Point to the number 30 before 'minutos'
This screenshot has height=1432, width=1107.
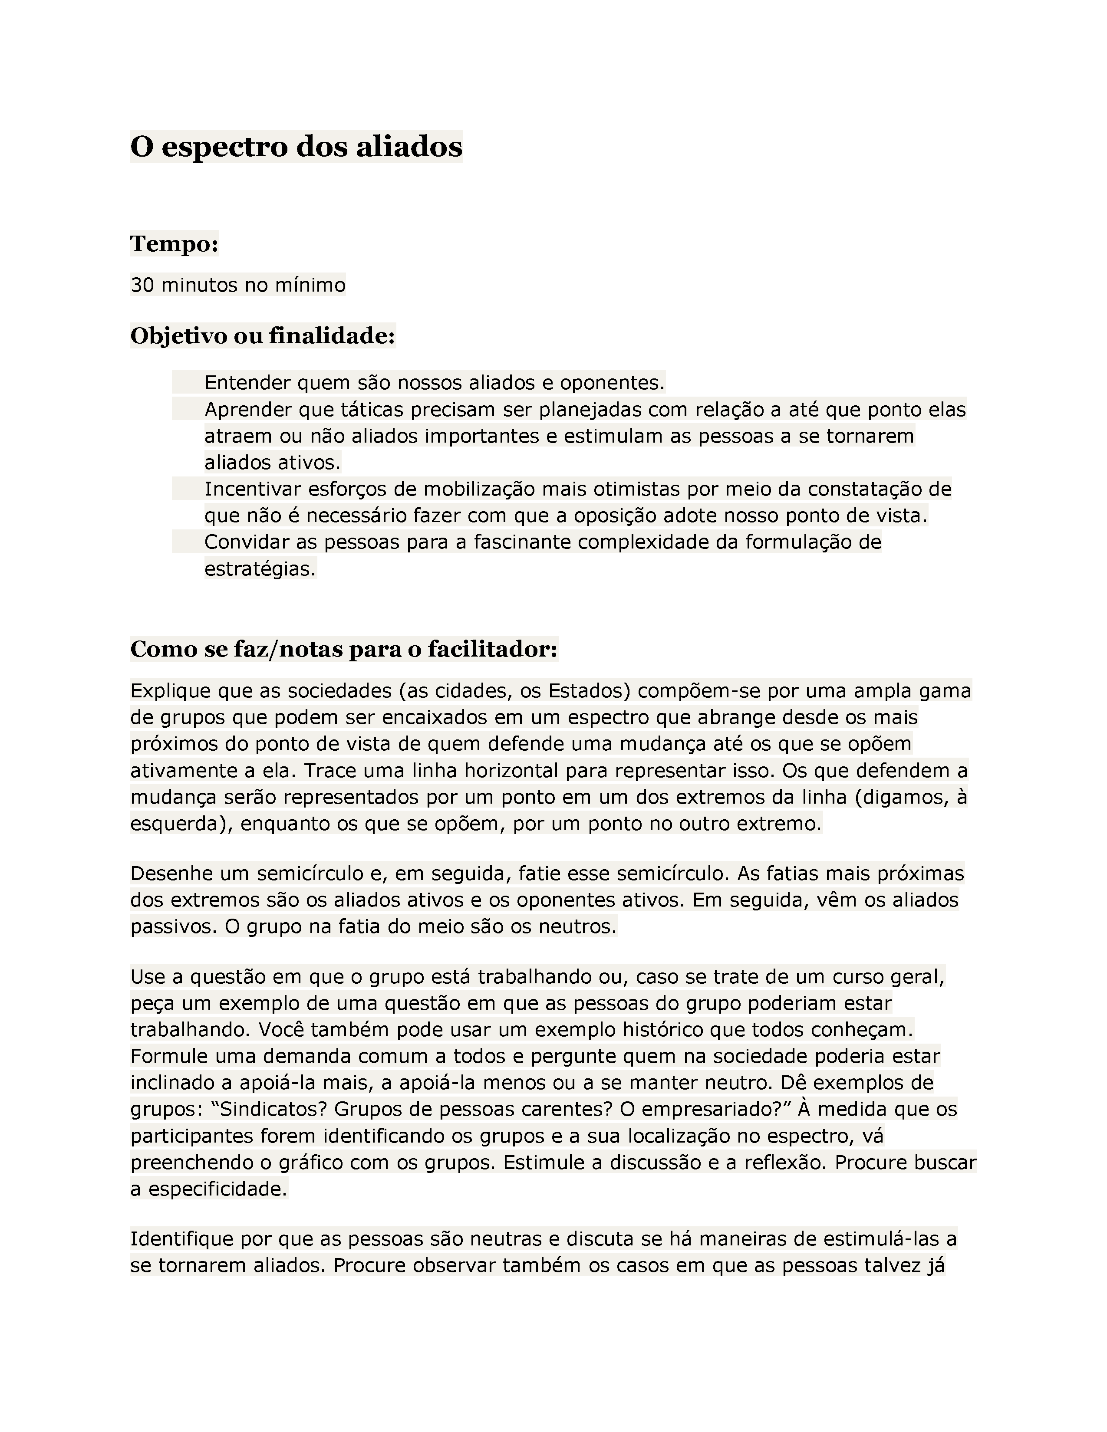[142, 285]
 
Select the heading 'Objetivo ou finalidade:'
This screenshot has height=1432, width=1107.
[262, 336]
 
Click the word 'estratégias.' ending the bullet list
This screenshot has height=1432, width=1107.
[260, 569]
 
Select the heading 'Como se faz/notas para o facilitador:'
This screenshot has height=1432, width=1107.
[344, 649]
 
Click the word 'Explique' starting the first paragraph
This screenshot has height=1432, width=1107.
[171, 691]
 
